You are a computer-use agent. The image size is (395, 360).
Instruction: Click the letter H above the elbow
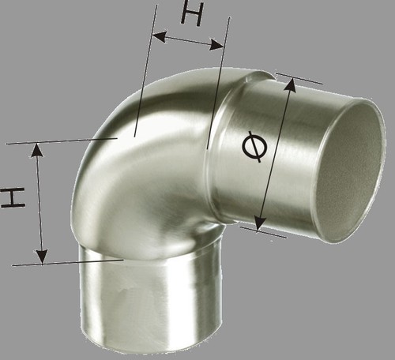[x=192, y=13]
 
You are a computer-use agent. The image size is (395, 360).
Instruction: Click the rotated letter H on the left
[x=13, y=197]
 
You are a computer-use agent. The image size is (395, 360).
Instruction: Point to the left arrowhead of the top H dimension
[x=160, y=37]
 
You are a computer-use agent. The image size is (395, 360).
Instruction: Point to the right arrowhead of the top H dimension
[x=216, y=45]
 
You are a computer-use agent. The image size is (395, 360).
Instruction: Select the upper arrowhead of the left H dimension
[x=36, y=150]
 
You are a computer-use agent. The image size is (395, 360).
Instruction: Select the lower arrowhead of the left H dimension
[x=42, y=257]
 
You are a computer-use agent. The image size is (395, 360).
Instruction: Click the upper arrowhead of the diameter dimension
[x=291, y=84]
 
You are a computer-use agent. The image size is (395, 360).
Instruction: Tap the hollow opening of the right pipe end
[x=349, y=171]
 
